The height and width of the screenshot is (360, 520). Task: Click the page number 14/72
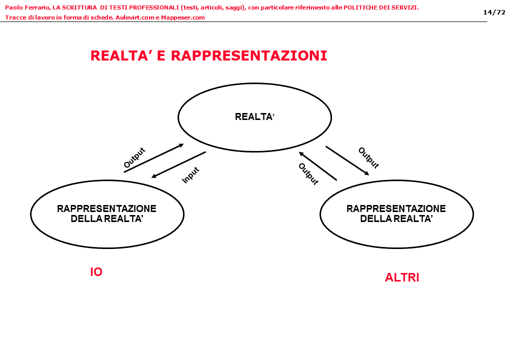pos(494,12)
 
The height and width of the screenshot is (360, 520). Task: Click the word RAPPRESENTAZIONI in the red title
pos(249,56)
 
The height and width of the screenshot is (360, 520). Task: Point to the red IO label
pos(96,272)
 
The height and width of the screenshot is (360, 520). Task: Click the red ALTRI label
pos(402,278)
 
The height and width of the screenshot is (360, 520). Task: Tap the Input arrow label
pos(191,175)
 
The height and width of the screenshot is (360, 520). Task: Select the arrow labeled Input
pos(178,164)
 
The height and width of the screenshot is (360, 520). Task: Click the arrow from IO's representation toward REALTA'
pos(153,158)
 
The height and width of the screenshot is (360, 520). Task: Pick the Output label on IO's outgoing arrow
pos(134,157)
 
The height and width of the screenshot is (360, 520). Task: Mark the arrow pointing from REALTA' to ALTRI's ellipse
pos(347,160)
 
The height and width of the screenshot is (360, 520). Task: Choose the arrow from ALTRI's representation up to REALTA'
pos(317,165)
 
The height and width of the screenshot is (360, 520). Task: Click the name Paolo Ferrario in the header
pos(26,7)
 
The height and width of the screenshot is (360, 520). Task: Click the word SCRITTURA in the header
pos(79,7)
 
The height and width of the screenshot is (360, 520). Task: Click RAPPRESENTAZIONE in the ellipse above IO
pos(106,209)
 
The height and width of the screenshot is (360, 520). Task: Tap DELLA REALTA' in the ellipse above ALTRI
pos(396,218)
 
